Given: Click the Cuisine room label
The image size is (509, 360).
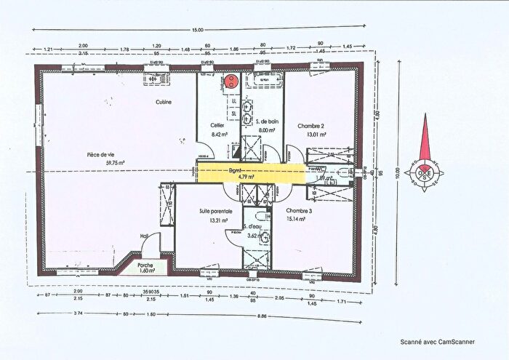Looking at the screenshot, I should coord(163,103).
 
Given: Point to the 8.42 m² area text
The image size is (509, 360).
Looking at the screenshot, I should coord(219,134).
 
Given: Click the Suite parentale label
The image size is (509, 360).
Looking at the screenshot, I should coord(216,210).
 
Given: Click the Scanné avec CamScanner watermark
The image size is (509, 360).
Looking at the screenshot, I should coord(431,340).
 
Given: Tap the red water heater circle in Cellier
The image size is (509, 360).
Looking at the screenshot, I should coord(231,81).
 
